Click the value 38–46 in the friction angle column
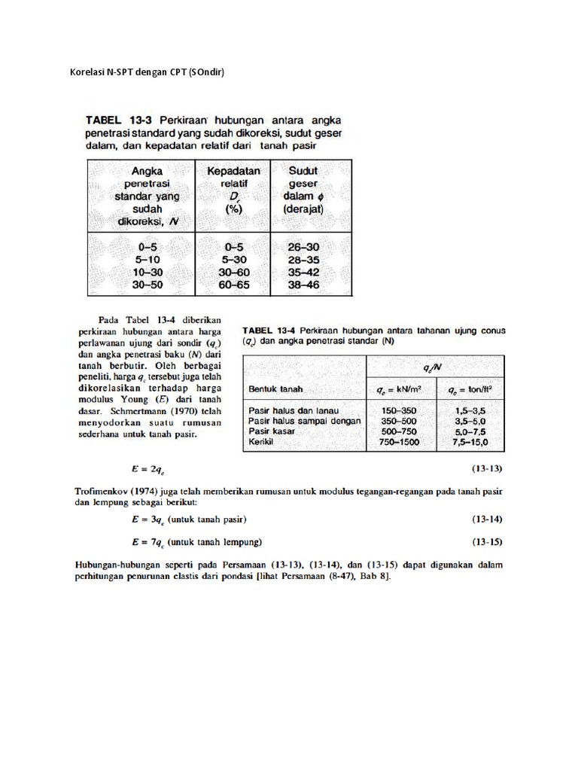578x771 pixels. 303,286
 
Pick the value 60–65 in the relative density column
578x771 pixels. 233,286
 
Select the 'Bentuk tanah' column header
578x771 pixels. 275,389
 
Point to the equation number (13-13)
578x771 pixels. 486,469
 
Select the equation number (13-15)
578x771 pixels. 486,541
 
